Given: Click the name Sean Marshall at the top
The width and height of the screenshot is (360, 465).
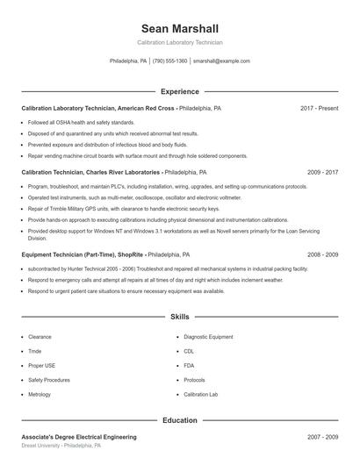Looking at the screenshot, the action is [179, 28].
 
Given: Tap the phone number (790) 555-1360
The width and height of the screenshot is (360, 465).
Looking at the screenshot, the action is [169, 61].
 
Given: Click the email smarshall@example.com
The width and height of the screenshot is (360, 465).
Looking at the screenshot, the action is [221, 61].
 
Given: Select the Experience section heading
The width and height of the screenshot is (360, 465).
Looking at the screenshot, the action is [179, 91].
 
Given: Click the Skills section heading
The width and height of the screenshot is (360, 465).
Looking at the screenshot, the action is [179, 316].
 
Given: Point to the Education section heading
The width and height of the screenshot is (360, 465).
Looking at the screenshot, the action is [179, 420].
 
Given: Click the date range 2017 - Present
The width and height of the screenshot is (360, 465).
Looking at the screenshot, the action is [319, 108].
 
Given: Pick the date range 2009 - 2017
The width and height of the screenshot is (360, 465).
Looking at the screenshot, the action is [320, 173].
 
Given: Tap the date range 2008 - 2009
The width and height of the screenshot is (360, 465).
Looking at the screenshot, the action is [320, 254].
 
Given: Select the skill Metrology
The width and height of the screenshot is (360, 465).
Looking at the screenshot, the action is [40, 395].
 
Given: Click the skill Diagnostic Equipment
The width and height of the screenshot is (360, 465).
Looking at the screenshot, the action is [208, 337].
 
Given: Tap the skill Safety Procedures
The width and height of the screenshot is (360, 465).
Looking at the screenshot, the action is [48, 380].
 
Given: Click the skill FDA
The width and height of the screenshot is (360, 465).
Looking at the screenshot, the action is [189, 366].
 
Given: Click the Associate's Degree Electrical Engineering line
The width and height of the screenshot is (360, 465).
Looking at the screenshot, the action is [79, 436].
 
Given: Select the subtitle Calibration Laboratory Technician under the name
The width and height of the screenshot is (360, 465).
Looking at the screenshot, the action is [179, 42].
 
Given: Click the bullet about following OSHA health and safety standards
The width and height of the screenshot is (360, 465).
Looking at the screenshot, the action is [81, 122].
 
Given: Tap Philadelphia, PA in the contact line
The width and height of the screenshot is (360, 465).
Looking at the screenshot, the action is [128, 61].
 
